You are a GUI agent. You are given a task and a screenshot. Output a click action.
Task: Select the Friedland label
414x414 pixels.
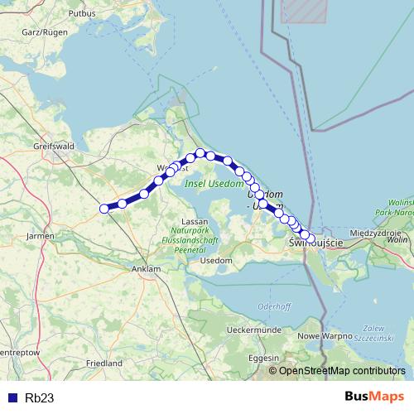click(104, 363)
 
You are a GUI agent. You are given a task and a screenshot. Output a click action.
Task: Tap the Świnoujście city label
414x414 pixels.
click(315, 245)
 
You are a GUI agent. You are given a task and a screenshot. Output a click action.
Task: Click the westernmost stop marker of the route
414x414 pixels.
click(105, 209)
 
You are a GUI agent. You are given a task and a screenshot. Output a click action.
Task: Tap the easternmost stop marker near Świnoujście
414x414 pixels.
click(311, 238)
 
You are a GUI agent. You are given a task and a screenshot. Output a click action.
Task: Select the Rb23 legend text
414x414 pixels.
click(39, 397)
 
